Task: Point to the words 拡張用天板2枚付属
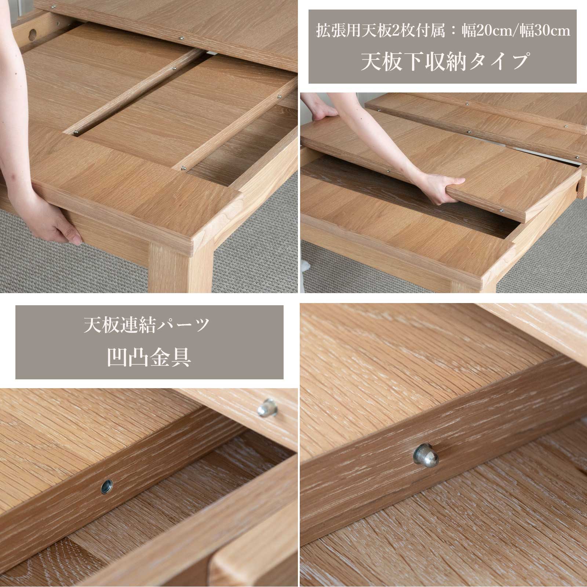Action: (381, 31)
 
